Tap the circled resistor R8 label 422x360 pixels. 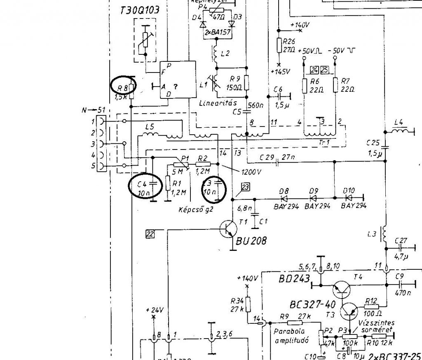(x=122, y=87)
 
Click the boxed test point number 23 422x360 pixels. (x=246, y=187)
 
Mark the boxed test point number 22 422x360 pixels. (x=150, y=234)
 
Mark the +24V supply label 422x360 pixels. (x=155, y=310)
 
